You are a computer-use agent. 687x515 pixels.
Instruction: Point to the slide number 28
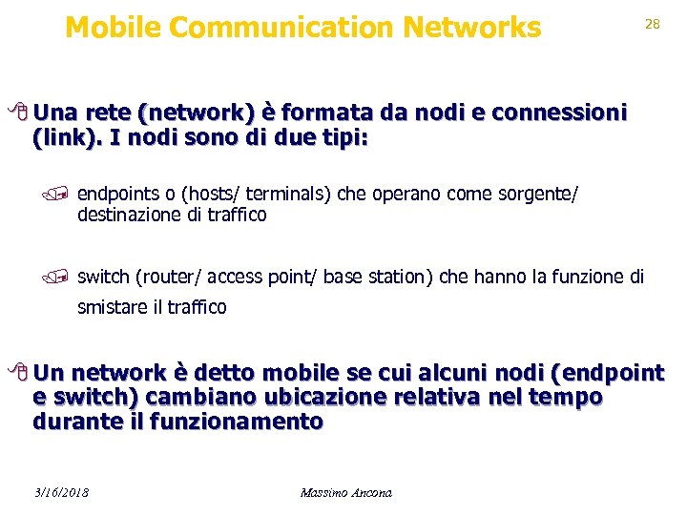pos(653,25)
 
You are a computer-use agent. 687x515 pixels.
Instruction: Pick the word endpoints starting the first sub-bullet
pos(116,195)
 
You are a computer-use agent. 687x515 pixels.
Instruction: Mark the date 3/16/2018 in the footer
pos(61,493)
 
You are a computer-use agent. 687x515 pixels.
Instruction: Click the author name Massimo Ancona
pos(345,493)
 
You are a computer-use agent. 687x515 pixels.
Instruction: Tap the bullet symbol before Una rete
pos(21,114)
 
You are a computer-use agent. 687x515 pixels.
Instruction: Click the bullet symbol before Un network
pos(21,373)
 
